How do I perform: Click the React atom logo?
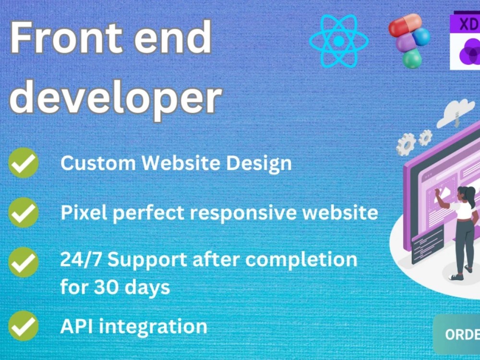pyautogui.click(x=339, y=41)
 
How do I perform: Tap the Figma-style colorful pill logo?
pyautogui.click(x=408, y=41)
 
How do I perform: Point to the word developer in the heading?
pyautogui.click(x=115, y=97)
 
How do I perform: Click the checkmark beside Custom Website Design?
pyautogui.click(x=24, y=163)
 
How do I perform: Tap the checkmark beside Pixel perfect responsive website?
pyautogui.click(x=24, y=213)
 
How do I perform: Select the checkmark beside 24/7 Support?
pyautogui.click(x=24, y=262)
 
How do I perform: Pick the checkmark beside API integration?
pyautogui.click(x=24, y=326)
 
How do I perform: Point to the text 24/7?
pyautogui.click(x=81, y=260)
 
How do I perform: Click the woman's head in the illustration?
pyautogui.click(x=466, y=195)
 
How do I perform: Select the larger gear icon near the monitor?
pyautogui.click(x=406, y=143)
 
